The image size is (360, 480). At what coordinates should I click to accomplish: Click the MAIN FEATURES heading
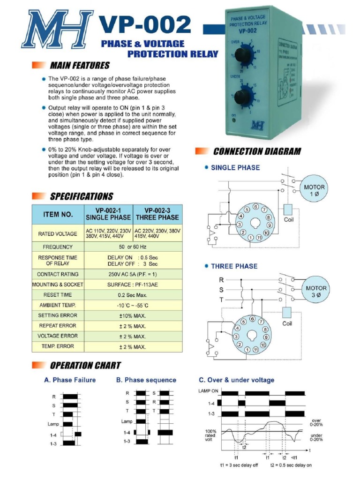point(79,65)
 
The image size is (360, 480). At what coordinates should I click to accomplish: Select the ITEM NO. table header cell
point(58,214)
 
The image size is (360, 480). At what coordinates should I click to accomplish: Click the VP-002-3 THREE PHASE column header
point(157,214)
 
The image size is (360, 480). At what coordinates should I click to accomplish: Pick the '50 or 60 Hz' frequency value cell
point(133,247)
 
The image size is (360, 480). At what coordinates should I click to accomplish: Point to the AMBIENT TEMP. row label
point(58,305)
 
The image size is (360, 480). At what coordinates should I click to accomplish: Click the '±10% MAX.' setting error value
point(133,315)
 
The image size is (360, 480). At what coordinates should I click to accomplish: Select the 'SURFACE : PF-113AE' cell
point(133,285)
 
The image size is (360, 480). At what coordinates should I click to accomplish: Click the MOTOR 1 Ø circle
point(314,190)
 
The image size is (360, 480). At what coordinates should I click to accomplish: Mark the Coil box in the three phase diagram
point(287,313)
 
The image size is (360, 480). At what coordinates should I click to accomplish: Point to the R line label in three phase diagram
point(221,279)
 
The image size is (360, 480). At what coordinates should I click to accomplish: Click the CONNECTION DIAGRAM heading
point(256,151)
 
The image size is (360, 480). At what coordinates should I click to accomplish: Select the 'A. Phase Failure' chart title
point(70,380)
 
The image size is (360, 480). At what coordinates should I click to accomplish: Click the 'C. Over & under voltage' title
point(236,380)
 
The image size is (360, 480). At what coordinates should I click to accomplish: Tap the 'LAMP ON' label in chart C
point(208,390)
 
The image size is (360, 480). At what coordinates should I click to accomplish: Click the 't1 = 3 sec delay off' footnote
point(239,465)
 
